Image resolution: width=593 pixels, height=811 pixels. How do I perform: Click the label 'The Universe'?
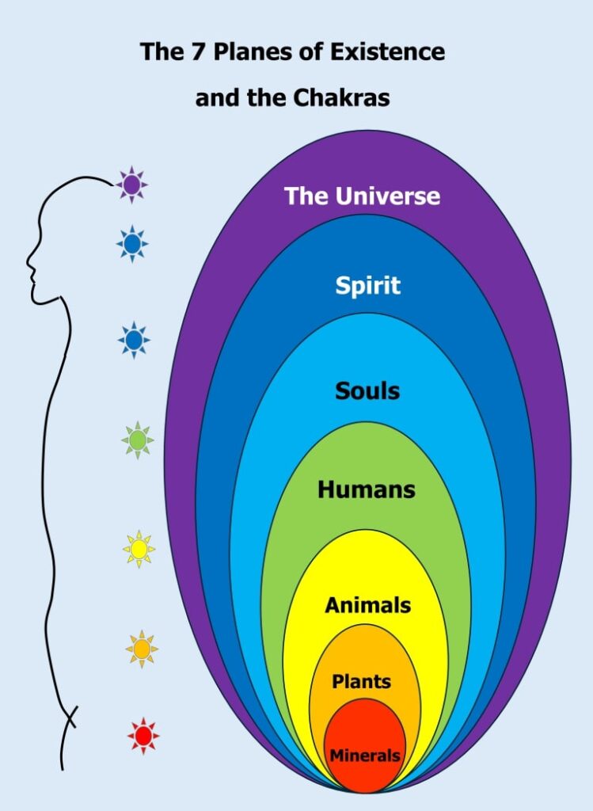tap(362, 196)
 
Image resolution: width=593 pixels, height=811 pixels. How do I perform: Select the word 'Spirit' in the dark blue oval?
tap(367, 285)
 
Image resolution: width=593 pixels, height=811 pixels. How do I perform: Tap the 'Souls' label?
tap(367, 390)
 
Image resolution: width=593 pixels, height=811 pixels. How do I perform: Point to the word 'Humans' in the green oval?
tap(367, 489)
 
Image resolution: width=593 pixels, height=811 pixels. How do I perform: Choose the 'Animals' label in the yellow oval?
tap(367, 606)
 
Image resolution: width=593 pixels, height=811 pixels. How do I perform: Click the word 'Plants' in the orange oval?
tap(362, 681)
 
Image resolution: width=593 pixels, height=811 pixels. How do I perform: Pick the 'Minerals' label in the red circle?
tap(365, 756)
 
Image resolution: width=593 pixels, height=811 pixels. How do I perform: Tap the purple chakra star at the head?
tap(132, 185)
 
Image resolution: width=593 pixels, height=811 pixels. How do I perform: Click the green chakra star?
tap(138, 440)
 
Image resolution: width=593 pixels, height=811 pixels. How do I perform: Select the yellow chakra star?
tap(139, 548)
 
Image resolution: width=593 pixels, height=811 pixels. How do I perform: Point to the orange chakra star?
tap(142, 649)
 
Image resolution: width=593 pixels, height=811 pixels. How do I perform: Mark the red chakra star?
tap(143, 736)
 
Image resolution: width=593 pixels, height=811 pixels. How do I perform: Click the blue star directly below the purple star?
tap(132, 242)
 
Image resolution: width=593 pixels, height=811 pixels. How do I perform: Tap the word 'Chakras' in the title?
tap(346, 99)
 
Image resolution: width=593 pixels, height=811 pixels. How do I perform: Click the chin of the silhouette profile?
tap(36, 299)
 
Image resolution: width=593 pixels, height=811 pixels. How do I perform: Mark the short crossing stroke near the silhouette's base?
tap(70, 717)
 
